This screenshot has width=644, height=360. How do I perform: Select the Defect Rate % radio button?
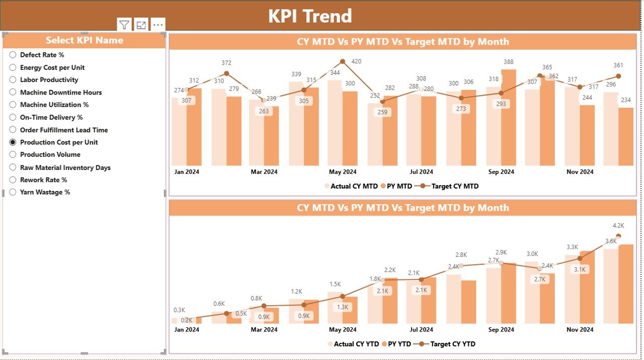pos(13,55)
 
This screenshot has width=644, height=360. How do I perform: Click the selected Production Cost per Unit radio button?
pos(13,142)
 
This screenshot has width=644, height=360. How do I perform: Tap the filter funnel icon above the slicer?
pos(124,25)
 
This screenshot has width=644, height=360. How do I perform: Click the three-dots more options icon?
pos(158,25)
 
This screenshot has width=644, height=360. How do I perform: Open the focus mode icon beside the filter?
pos(141,25)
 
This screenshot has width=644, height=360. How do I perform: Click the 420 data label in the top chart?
pos(356,62)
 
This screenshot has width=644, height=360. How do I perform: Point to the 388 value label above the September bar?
pos(508,62)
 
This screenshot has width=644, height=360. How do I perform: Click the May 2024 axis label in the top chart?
pos(343,172)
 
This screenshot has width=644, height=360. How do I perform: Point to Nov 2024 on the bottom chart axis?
pos(580,330)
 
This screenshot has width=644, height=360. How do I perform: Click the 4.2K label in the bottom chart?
pos(618,226)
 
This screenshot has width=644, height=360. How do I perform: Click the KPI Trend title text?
pos(310,16)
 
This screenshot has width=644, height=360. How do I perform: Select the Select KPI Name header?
pos(85,40)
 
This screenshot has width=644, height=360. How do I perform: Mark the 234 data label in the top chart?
pos(626,100)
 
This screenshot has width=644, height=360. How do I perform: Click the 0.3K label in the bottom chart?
pos(179,310)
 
